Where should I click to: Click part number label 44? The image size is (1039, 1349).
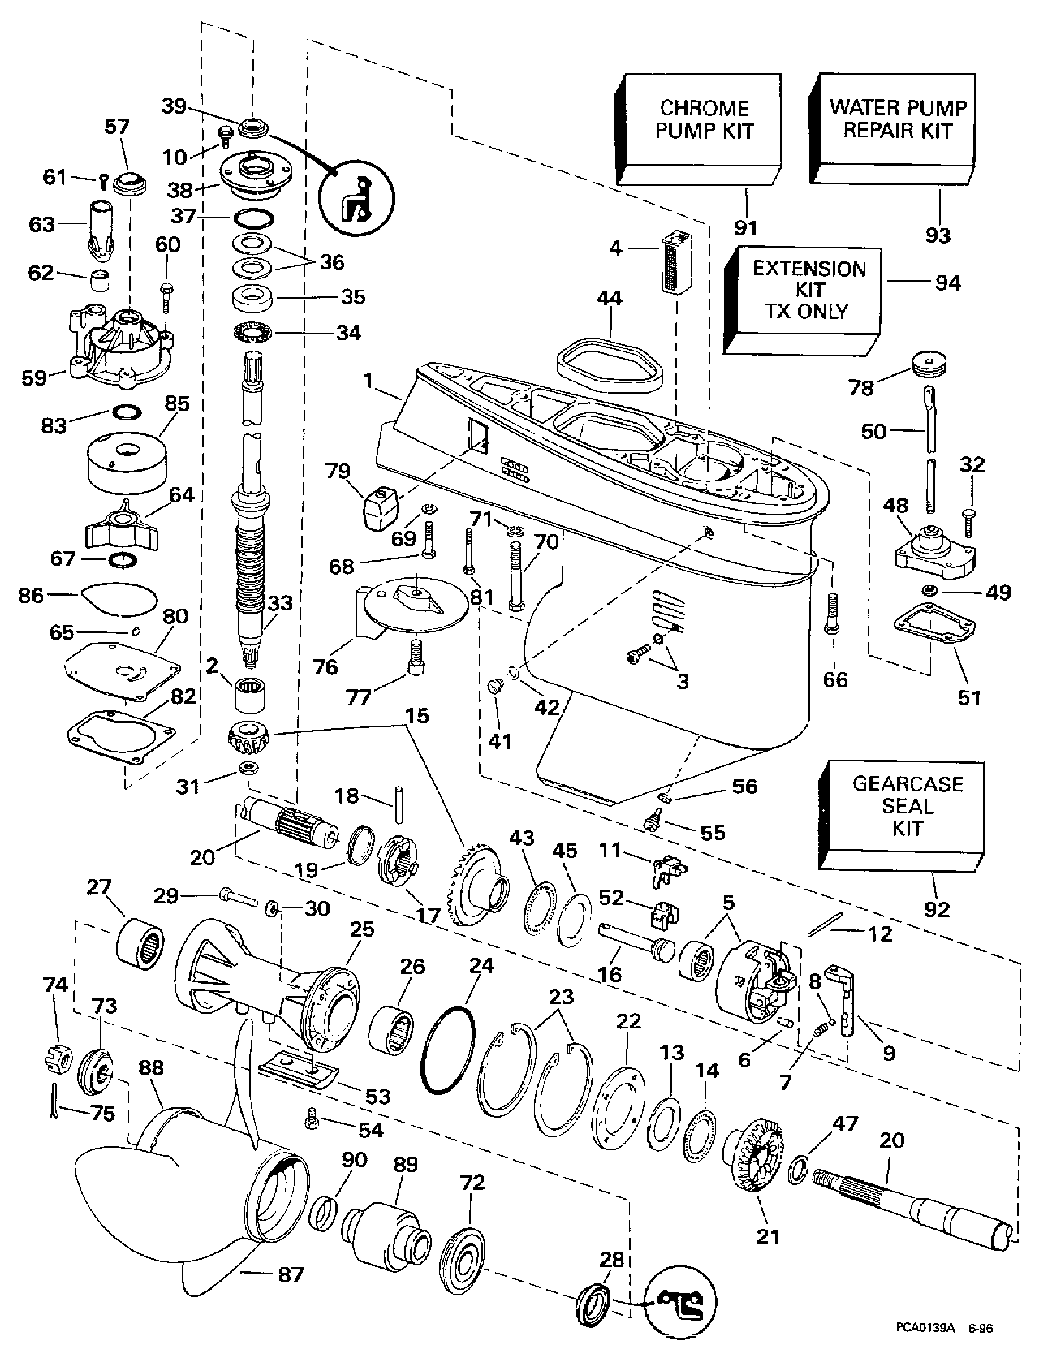[610, 300]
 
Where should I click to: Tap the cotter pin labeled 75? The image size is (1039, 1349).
[56, 1103]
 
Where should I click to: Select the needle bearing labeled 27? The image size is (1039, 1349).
[140, 942]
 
